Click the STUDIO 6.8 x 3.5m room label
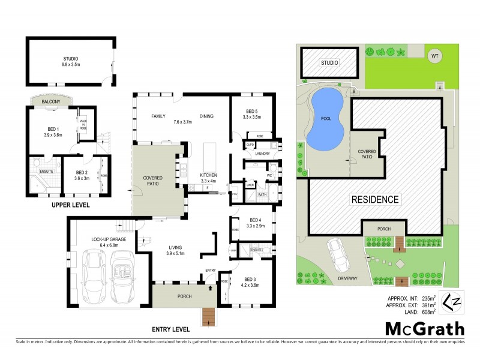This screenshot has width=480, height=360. click(71, 62)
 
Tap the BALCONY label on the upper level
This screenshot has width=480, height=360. click(51, 102)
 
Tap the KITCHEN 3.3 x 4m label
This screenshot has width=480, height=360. click(208, 178)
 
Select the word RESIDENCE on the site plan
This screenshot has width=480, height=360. click(375, 199)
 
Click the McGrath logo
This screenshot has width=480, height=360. click(424, 329)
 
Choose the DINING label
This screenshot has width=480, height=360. click(206, 116)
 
